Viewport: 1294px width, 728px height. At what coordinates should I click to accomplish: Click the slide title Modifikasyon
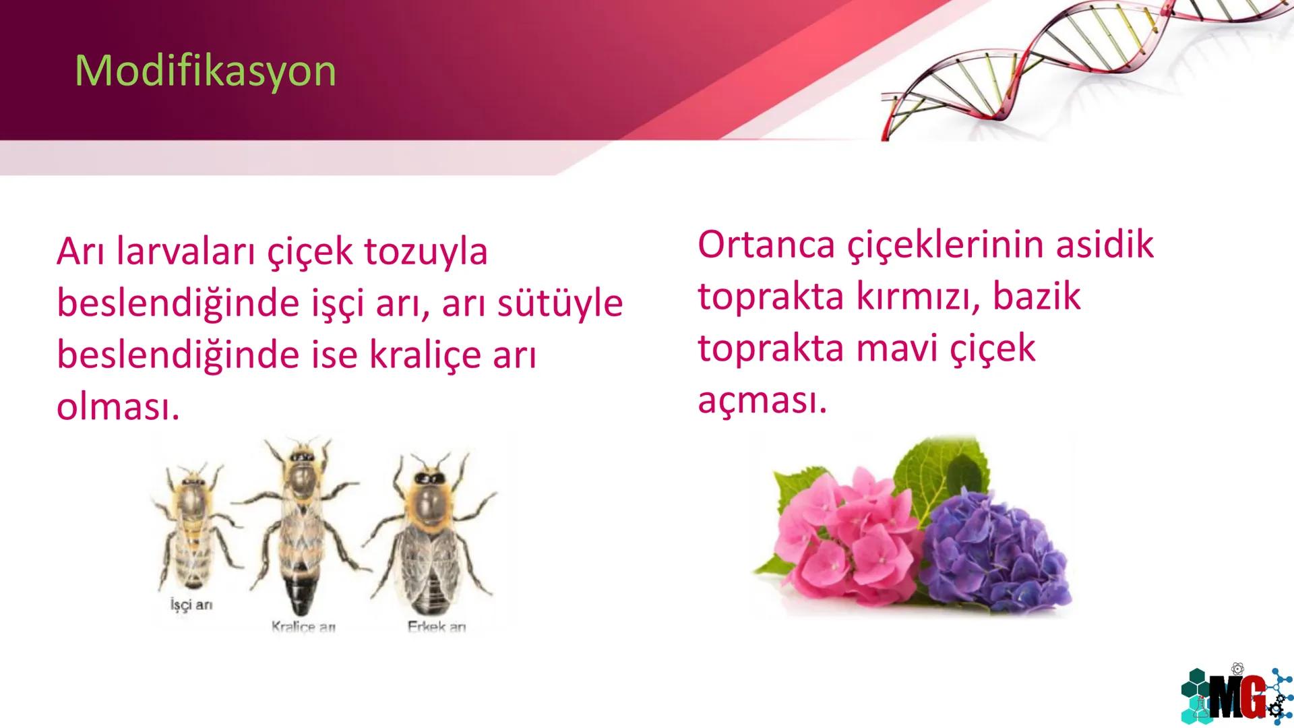[206, 70]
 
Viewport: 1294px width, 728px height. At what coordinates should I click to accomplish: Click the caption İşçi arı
[191, 605]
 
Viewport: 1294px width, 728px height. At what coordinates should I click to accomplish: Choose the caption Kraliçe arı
[303, 627]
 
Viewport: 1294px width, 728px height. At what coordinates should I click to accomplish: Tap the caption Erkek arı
[437, 627]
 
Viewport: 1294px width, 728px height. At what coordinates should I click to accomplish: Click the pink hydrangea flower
[842, 533]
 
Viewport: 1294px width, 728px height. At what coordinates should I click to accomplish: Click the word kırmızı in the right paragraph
[913, 297]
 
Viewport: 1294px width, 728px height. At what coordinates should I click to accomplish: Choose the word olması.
[118, 407]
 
